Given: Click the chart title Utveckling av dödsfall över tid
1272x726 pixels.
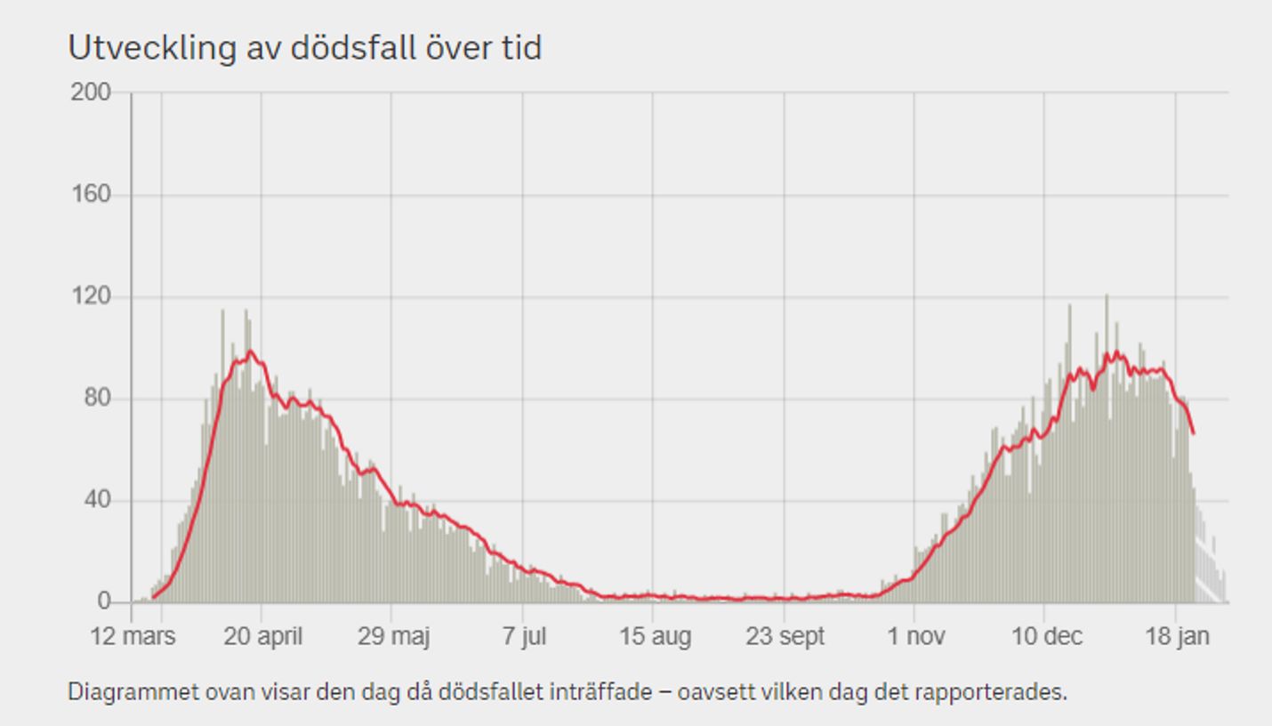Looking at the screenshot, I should (x=304, y=48).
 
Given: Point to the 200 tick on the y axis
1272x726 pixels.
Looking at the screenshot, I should (x=91, y=93).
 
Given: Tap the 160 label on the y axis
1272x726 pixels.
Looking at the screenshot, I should (x=91, y=194).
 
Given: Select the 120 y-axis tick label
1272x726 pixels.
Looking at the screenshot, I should (x=91, y=296).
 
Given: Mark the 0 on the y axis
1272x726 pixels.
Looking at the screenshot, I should (x=103, y=602).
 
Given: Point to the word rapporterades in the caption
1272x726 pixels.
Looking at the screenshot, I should (x=1005, y=691).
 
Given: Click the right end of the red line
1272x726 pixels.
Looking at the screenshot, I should (x=1194, y=433).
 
